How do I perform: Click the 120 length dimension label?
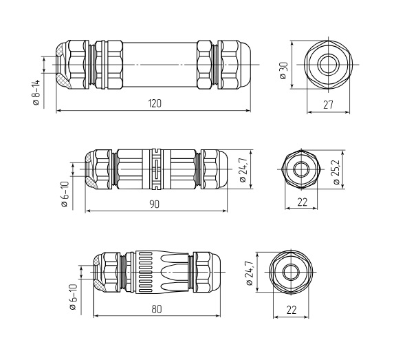155,103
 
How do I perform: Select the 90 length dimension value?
154,204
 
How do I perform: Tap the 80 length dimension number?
157,309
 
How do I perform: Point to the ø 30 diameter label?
283,71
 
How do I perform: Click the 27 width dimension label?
328,105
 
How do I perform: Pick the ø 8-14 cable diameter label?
36,92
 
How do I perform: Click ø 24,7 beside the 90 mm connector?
243,169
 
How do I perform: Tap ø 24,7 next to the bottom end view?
250,273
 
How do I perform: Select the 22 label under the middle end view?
303,202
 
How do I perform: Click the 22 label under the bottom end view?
292,310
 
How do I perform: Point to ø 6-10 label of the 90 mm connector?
65,194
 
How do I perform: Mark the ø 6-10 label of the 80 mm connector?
73,297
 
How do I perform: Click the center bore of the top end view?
328,65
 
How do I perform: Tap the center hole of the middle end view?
301,169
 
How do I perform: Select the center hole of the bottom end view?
291,272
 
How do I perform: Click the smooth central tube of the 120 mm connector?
160,65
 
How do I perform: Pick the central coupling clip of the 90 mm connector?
156,169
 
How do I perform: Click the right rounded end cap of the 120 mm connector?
244,65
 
